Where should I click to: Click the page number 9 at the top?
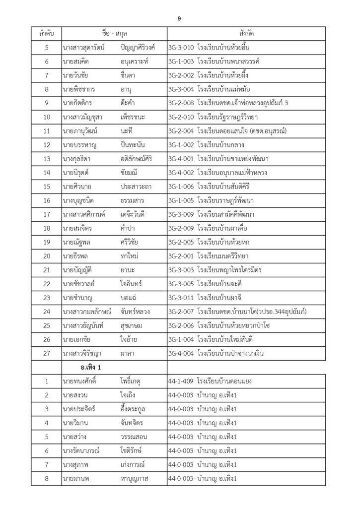click(179, 18)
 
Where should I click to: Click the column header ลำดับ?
click(46, 34)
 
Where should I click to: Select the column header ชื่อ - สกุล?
click(114, 34)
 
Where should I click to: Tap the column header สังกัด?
click(246, 34)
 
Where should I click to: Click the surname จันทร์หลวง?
click(135, 312)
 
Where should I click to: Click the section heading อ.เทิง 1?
click(82, 368)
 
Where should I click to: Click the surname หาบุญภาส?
click(134, 478)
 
